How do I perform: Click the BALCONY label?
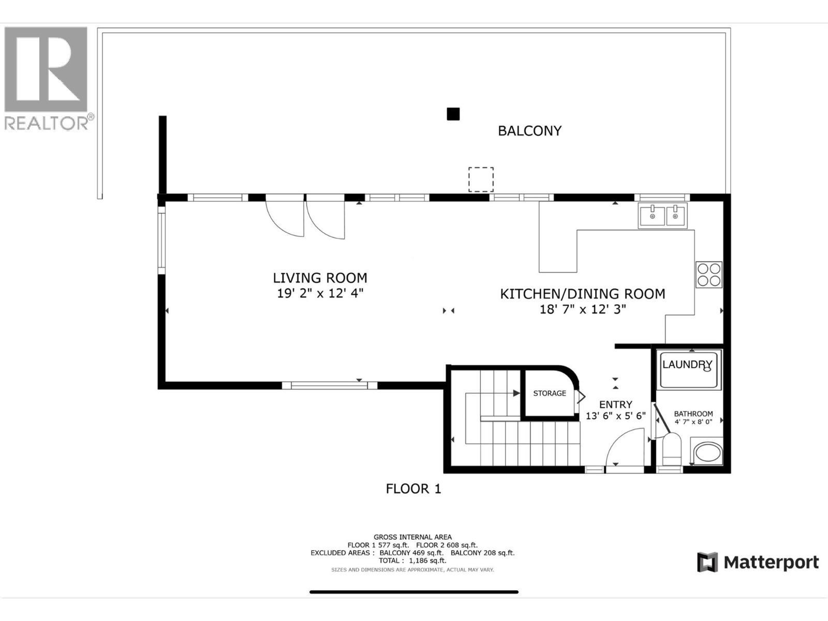[x=529, y=130]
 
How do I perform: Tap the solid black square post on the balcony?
[x=453, y=114]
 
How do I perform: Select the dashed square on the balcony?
[x=481, y=179]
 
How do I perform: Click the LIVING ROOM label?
[x=320, y=278]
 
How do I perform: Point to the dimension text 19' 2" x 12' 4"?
[x=320, y=293]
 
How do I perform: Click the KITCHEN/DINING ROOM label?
[x=582, y=294]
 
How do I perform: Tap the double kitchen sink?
[x=662, y=215]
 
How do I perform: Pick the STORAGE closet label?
[x=550, y=393]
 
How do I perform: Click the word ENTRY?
[x=615, y=405]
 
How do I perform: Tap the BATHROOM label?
[x=693, y=413]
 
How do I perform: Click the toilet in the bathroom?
[x=672, y=450]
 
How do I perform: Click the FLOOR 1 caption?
[x=413, y=489]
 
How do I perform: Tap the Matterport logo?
[x=758, y=562]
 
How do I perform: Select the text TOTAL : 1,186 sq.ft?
[x=412, y=560]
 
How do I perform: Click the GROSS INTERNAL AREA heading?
[x=412, y=537]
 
